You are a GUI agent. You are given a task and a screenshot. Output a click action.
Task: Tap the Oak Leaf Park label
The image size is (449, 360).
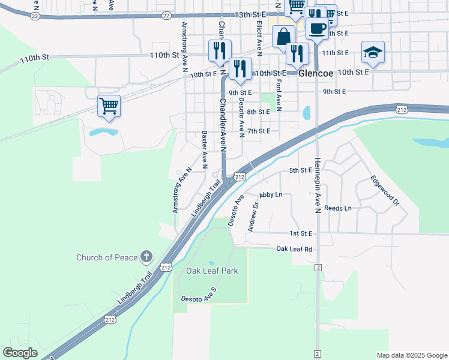point(212,271)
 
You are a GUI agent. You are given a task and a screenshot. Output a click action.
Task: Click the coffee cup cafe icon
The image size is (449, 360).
point(317,28)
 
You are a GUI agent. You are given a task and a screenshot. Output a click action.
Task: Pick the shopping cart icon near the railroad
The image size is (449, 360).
point(109,106)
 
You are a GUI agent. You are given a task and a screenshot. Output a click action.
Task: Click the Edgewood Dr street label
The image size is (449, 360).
point(385,190)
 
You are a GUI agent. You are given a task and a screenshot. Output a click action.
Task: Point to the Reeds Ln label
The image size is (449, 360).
point(337,208)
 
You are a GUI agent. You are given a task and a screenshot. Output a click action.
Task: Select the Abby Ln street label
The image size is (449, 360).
point(271,195)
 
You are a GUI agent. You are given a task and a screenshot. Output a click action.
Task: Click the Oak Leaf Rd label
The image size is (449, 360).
point(294,248)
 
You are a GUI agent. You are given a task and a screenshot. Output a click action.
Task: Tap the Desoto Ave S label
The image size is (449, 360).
point(198,298)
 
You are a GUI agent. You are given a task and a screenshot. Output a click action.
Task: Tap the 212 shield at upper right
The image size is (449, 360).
point(402,109)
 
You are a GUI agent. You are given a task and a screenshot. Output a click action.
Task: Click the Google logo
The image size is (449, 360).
point(20,353)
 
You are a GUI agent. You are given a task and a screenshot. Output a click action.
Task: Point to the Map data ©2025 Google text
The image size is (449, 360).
point(411,355)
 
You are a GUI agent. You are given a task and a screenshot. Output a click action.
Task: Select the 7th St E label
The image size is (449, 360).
point(259,131)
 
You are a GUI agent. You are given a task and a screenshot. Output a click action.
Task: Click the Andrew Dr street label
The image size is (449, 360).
point(253,216)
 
